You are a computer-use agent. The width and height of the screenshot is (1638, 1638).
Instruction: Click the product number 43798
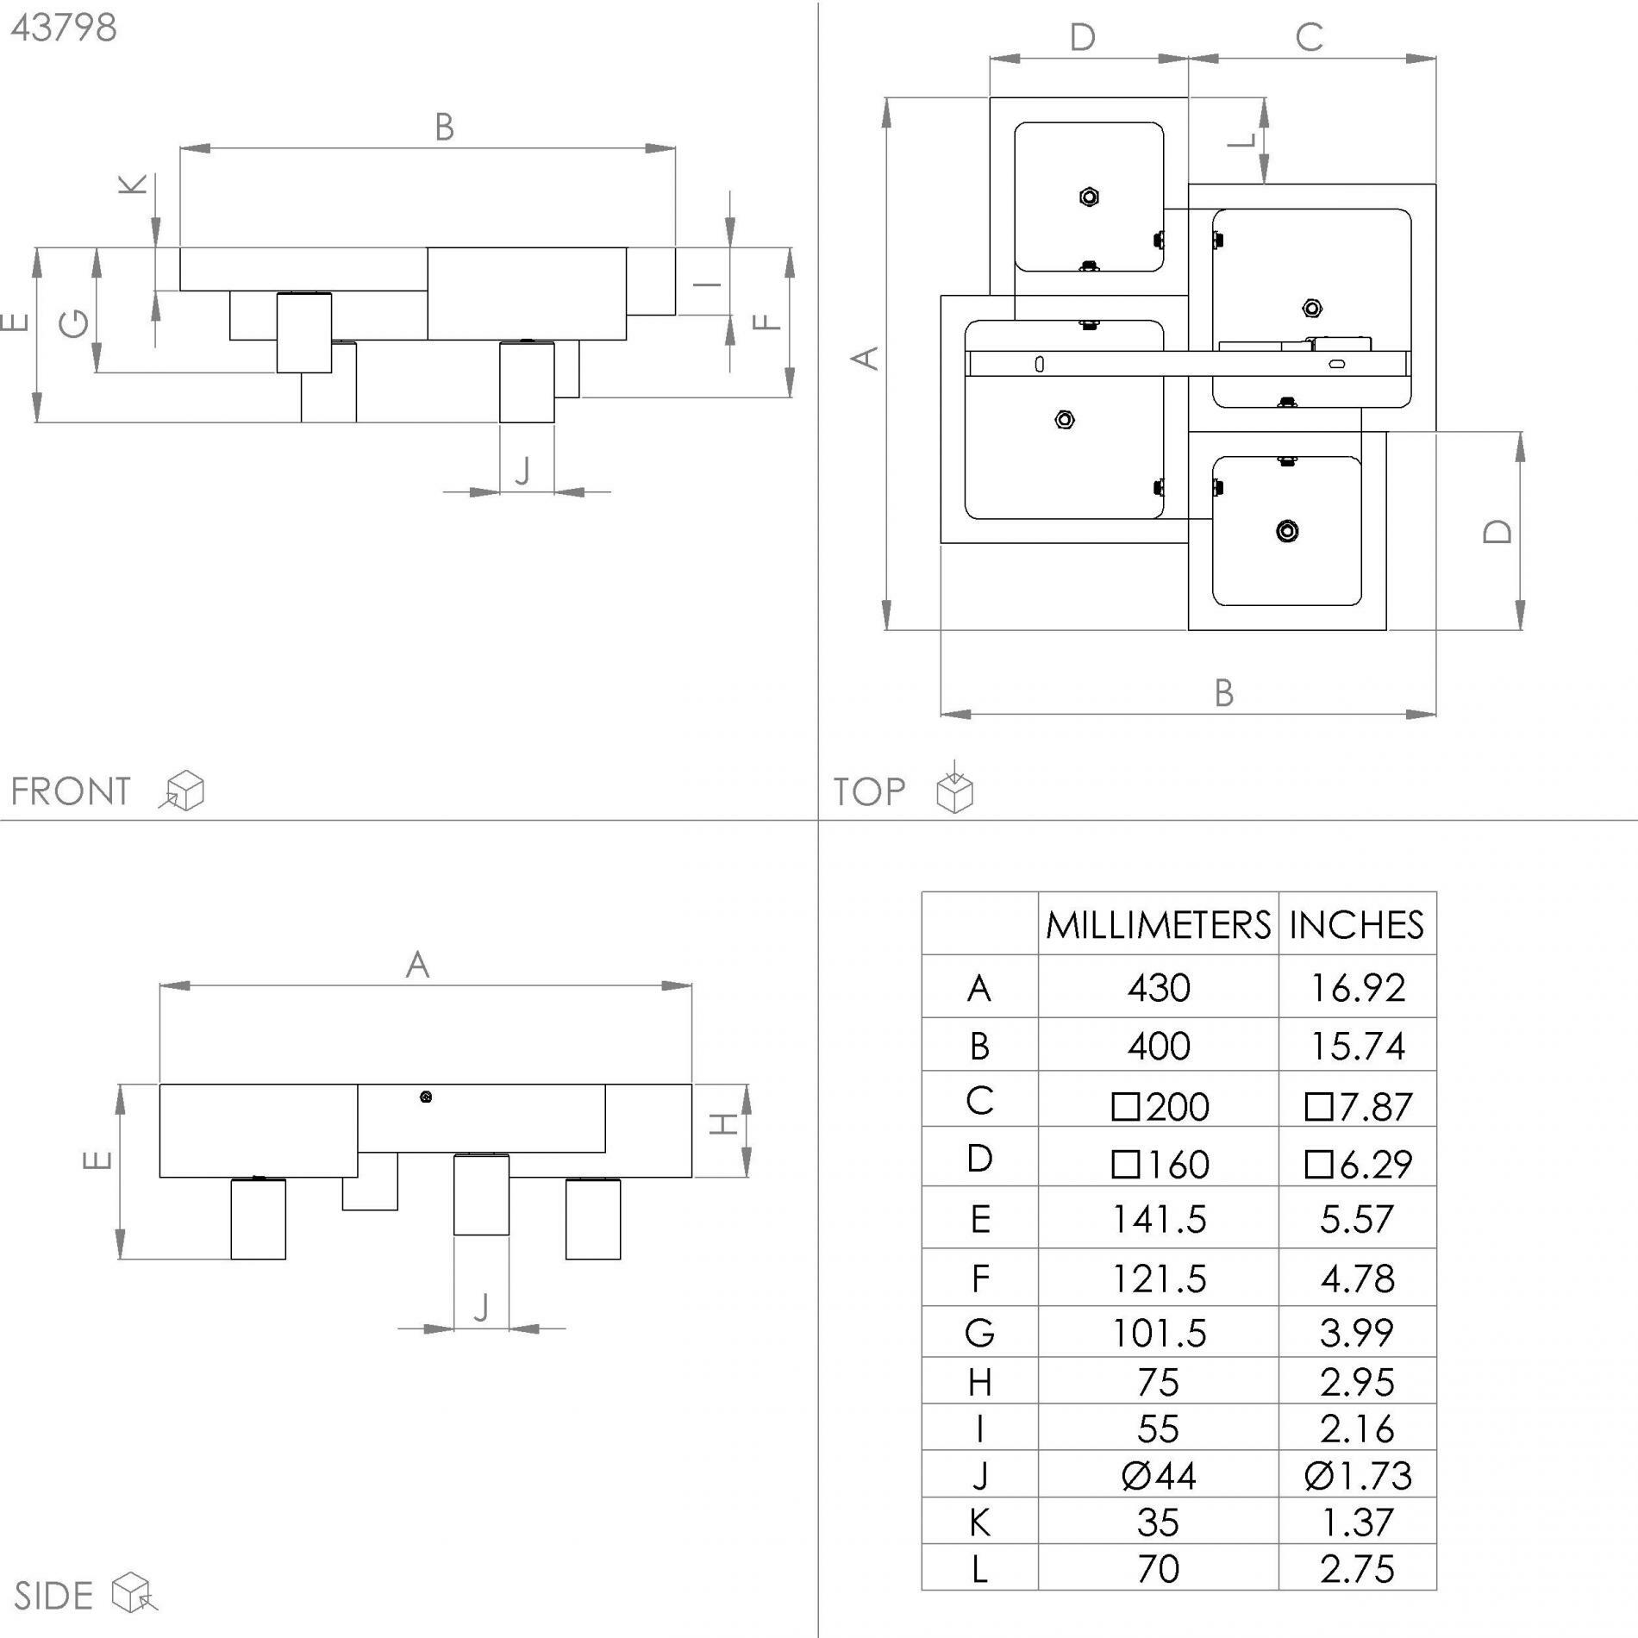pos(64,28)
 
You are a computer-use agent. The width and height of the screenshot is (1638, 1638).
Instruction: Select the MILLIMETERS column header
pos(1158,926)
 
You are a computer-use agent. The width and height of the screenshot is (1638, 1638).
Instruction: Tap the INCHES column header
pos(1356,926)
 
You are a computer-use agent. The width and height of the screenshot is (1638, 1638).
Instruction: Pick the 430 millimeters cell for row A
pos(1159,988)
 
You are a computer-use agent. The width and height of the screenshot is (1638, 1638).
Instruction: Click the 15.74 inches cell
pos(1357,1047)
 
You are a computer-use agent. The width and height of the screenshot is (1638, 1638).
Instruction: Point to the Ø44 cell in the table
pos(1159,1477)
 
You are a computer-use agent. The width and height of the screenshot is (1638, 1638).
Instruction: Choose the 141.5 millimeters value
pos(1159,1220)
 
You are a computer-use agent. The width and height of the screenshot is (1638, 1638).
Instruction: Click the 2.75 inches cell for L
pos(1357,1569)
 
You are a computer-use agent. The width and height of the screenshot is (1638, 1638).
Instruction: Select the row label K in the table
pos(979,1523)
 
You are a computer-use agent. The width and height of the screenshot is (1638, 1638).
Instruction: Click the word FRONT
pos(71,791)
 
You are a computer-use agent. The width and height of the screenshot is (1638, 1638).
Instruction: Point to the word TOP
pos(869,791)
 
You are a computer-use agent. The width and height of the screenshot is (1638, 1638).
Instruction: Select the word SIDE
pos(53,1597)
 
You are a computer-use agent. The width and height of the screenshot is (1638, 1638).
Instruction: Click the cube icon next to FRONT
pos(182,791)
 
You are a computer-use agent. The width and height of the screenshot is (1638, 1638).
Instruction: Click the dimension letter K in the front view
pos(133,184)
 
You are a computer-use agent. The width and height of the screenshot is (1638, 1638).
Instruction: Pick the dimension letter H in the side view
pos(723,1124)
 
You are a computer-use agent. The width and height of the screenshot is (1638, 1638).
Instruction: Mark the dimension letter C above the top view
pos(1310,38)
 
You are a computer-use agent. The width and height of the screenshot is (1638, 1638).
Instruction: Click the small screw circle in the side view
pos(425,1097)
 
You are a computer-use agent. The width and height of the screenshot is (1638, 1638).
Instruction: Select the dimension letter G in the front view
pos(74,324)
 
